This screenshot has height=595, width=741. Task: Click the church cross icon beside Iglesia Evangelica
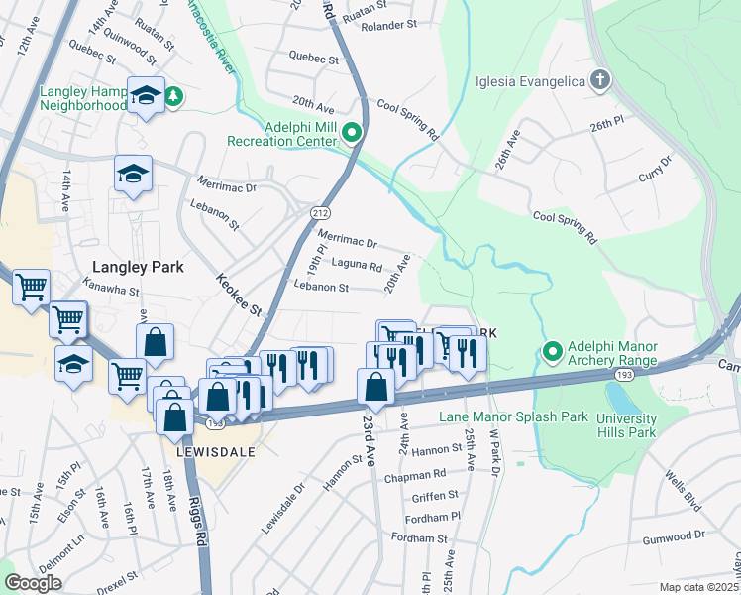[599, 79]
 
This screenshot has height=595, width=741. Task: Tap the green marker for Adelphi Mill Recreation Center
[351, 132]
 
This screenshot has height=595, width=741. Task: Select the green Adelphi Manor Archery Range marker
[553, 352]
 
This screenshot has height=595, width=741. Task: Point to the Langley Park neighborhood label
[134, 266]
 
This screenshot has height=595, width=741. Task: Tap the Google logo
[33, 583]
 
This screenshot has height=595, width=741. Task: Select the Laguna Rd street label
[357, 266]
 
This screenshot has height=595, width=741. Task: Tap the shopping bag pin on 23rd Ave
[375, 387]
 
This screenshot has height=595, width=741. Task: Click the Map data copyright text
[699, 587]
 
